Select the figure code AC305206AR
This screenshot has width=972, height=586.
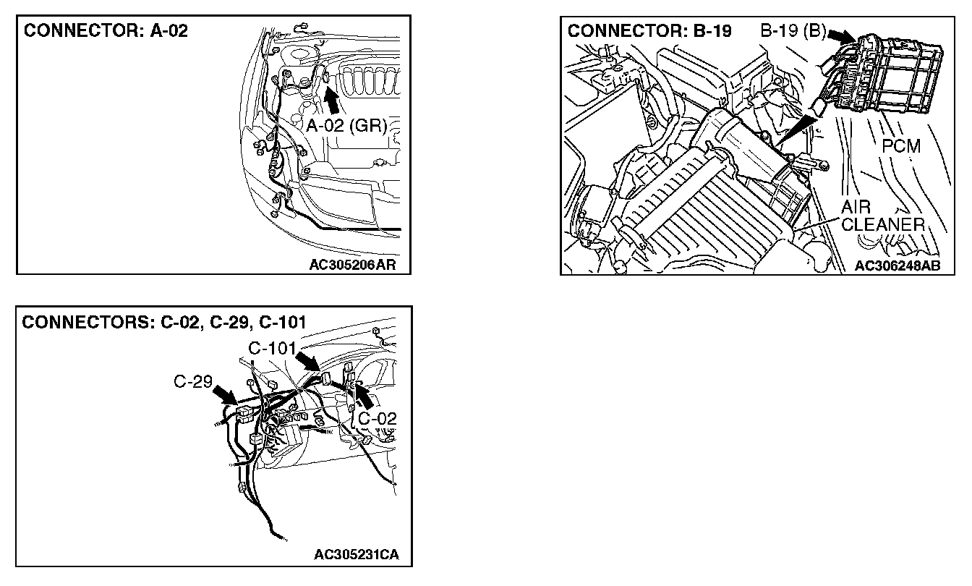[x=354, y=264]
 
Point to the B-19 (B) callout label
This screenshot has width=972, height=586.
[x=791, y=32]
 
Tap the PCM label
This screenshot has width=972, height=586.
[x=901, y=146]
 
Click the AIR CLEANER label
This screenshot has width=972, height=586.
[x=882, y=216]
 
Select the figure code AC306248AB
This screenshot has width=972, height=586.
[x=898, y=266]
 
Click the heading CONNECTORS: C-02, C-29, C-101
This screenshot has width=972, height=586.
[x=163, y=322]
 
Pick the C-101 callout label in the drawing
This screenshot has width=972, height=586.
[x=272, y=349]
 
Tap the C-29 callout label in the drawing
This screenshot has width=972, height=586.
[x=192, y=381]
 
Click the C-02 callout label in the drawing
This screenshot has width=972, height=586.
[x=377, y=417]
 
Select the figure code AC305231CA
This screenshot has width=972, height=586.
[x=357, y=556]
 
